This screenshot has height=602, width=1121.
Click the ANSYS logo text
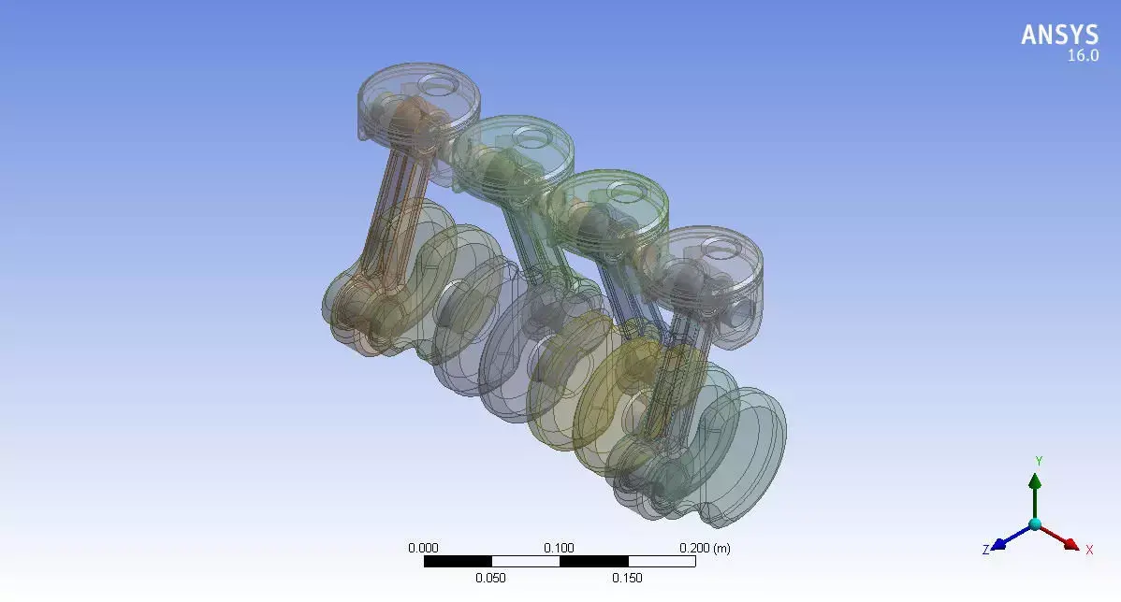coord(1059,36)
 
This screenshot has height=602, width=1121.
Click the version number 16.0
coord(1083,56)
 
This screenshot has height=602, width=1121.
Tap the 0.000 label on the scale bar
coord(423,548)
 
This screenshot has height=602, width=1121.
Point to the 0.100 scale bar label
coord(560,548)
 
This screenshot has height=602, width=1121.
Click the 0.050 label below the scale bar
coord(490,578)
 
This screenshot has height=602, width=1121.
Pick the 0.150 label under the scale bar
coord(627,578)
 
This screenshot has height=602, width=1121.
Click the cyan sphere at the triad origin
coord(1035,524)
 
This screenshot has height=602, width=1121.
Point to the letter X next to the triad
coord(1089,550)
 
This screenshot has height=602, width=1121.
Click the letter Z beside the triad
coord(985,550)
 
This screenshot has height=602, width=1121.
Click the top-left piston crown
coord(419,93)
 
